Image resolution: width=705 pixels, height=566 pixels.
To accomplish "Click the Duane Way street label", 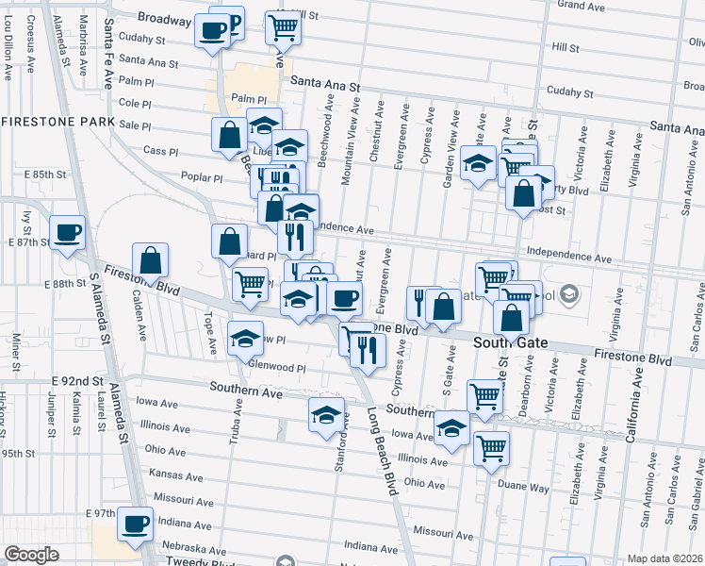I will point(526,489).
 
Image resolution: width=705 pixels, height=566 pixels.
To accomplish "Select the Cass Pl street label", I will point(160,151).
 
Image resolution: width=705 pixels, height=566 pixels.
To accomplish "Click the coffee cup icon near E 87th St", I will point(67,234).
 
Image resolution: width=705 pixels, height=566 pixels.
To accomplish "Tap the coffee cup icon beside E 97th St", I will point(135,524).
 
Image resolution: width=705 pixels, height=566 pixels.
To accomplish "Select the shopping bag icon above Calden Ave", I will point(151,260).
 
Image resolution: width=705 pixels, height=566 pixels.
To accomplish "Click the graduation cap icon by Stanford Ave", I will point(326,416).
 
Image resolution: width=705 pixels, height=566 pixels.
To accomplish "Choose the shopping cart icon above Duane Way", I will point(491,448).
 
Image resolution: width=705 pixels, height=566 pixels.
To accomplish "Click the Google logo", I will point(31,555).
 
